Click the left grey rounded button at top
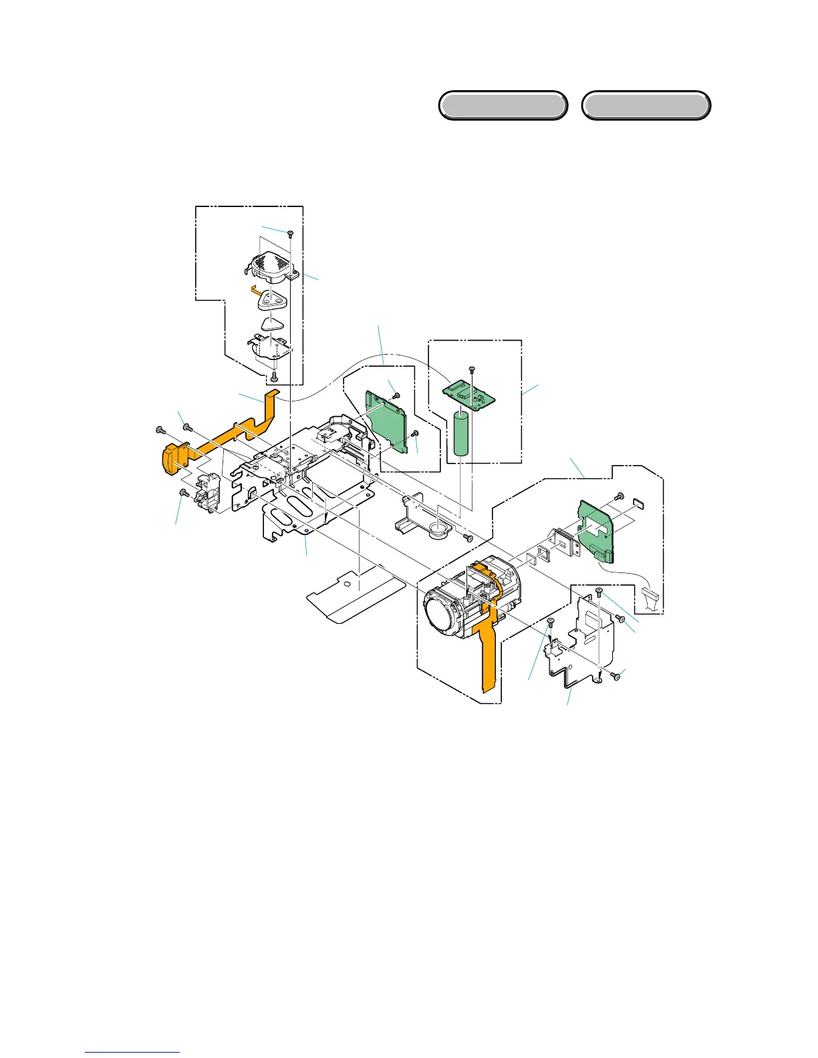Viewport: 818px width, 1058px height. point(503,106)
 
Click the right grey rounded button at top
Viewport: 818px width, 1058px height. point(646,106)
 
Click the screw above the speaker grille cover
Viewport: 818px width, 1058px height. point(290,233)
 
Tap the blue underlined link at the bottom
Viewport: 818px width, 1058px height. point(132,1051)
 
